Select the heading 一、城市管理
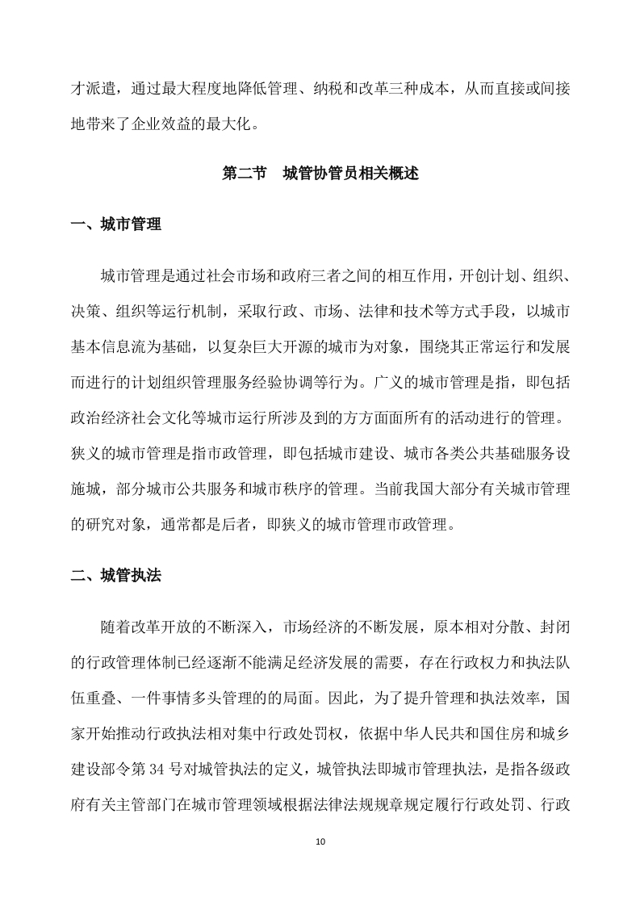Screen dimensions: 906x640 (x=116, y=224)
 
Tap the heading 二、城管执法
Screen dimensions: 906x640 (x=116, y=575)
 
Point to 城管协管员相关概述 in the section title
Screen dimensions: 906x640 (x=351, y=173)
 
